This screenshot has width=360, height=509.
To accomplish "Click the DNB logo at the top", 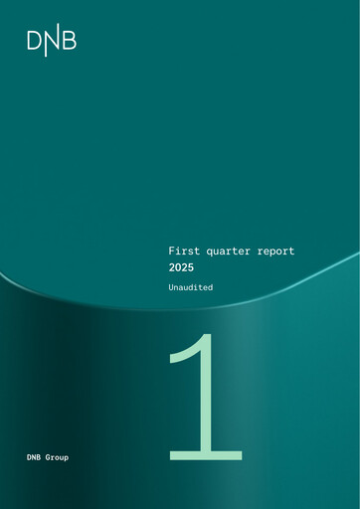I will click(52, 42).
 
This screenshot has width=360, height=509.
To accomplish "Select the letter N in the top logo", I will click(52, 42).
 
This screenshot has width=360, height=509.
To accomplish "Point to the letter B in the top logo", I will click(69, 42).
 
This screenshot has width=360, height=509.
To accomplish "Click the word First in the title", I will click(183, 253).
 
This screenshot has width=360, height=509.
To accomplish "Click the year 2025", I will click(184, 268).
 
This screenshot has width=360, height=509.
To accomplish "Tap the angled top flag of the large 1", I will click(185, 354).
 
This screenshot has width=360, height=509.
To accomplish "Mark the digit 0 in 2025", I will click(180, 268).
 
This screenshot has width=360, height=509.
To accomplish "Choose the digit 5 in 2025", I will click(197, 268).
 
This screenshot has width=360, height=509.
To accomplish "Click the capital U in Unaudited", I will click(171, 286).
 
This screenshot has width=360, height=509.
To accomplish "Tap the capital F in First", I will click(170, 253).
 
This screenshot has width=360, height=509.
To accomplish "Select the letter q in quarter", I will click(211, 254).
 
